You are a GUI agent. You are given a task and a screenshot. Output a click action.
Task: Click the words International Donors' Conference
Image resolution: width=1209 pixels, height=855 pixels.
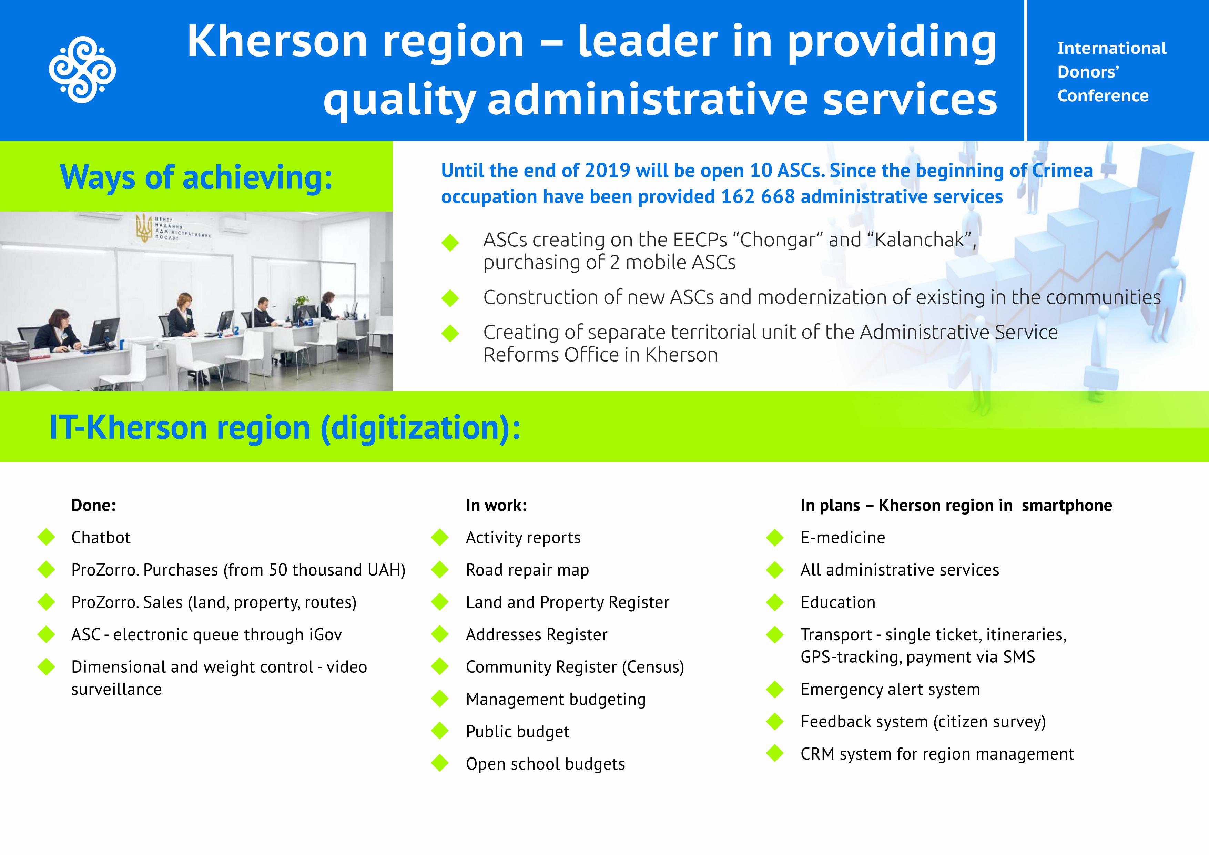coord(1111,72)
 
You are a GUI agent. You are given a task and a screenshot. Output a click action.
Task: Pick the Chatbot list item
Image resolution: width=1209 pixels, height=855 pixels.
coord(101,538)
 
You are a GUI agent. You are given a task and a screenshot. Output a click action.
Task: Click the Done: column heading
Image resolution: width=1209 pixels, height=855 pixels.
coord(93,506)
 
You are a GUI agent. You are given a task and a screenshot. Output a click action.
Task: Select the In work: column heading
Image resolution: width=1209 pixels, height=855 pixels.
coord(496,506)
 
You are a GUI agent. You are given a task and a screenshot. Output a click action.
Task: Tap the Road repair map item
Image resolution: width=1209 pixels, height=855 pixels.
coord(527,570)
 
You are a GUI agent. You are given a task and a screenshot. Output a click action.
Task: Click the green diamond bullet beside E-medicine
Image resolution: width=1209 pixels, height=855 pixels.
coord(775,538)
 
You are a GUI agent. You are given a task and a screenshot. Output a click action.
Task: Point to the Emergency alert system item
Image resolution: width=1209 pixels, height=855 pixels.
coord(890,689)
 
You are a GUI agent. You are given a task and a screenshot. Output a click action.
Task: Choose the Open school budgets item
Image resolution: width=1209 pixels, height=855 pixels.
coord(545,764)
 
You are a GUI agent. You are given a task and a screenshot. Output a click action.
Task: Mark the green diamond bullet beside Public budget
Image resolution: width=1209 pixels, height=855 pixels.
coord(440,731)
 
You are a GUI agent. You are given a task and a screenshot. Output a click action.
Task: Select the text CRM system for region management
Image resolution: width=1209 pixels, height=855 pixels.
coord(937,754)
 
